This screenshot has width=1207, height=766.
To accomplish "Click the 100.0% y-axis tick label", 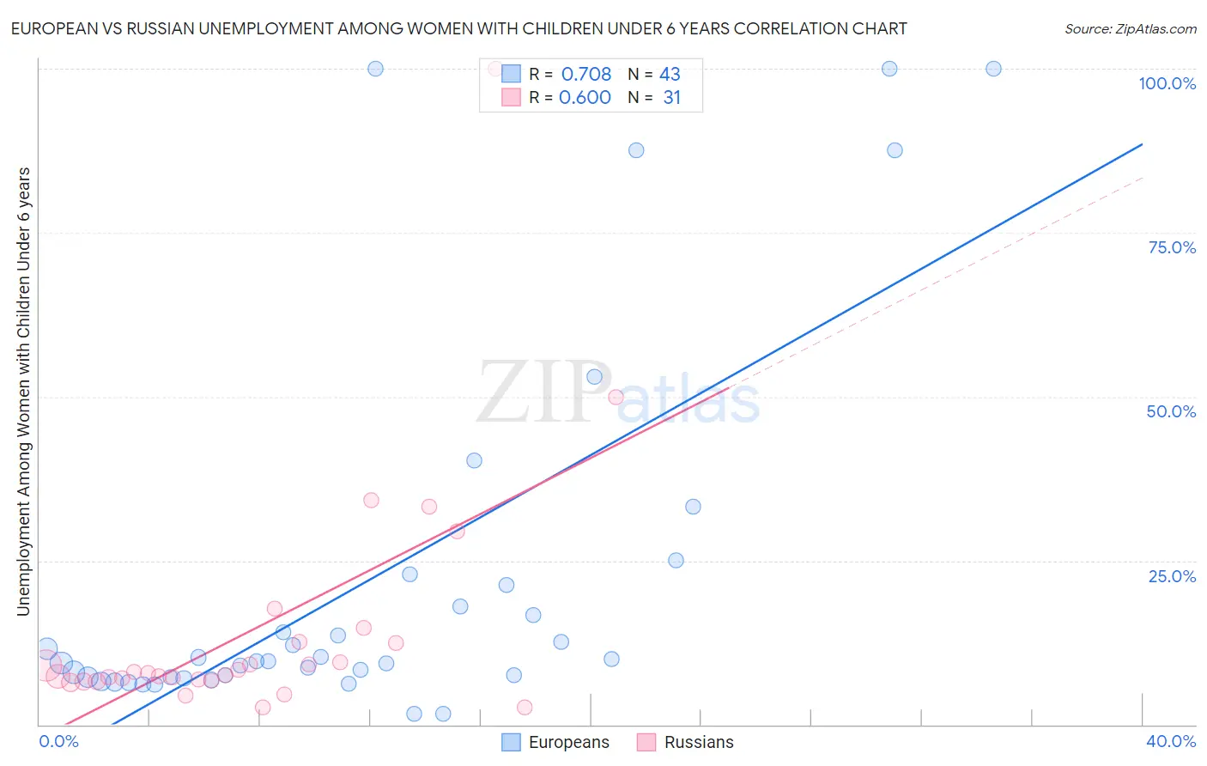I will pyautogui.click(x=1167, y=83).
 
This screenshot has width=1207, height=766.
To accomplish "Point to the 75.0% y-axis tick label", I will pyautogui.click(x=1172, y=247).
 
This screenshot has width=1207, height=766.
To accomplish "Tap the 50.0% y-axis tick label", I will pyautogui.click(x=1171, y=411).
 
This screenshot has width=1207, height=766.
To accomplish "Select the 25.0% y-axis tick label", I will pyautogui.click(x=1172, y=575).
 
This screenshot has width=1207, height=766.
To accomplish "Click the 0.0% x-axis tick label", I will pyautogui.click(x=58, y=741).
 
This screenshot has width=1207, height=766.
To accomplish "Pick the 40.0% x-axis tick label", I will pyautogui.click(x=1171, y=741).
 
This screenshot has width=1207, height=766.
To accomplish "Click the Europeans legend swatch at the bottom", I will pyautogui.click(x=511, y=742).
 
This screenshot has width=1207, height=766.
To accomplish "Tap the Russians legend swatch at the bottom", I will pyautogui.click(x=646, y=742).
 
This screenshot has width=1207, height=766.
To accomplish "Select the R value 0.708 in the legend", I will pyautogui.click(x=586, y=74).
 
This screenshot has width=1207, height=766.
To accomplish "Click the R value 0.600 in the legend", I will pyautogui.click(x=585, y=97).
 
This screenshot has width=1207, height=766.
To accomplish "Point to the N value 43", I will pyautogui.click(x=670, y=74).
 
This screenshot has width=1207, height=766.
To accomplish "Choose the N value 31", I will pyautogui.click(x=671, y=97).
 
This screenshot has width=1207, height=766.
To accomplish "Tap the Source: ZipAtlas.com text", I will pyautogui.click(x=1130, y=28).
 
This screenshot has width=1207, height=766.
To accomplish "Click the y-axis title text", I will pyautogui.click(x=23, y=391).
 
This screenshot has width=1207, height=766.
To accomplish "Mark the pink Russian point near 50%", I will pyautogui.click(x=616, y=397).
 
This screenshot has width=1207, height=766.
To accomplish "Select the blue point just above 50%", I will pyautogui.click(x=594, y=377).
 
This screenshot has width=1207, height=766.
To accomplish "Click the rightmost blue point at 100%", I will pyautogui.click(x=993, y=69).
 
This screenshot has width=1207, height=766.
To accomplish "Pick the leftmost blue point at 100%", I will pyautogui.click(x=375, y=69).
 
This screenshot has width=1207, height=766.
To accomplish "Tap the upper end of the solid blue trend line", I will pyautogui.click(x=1142, y=144).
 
